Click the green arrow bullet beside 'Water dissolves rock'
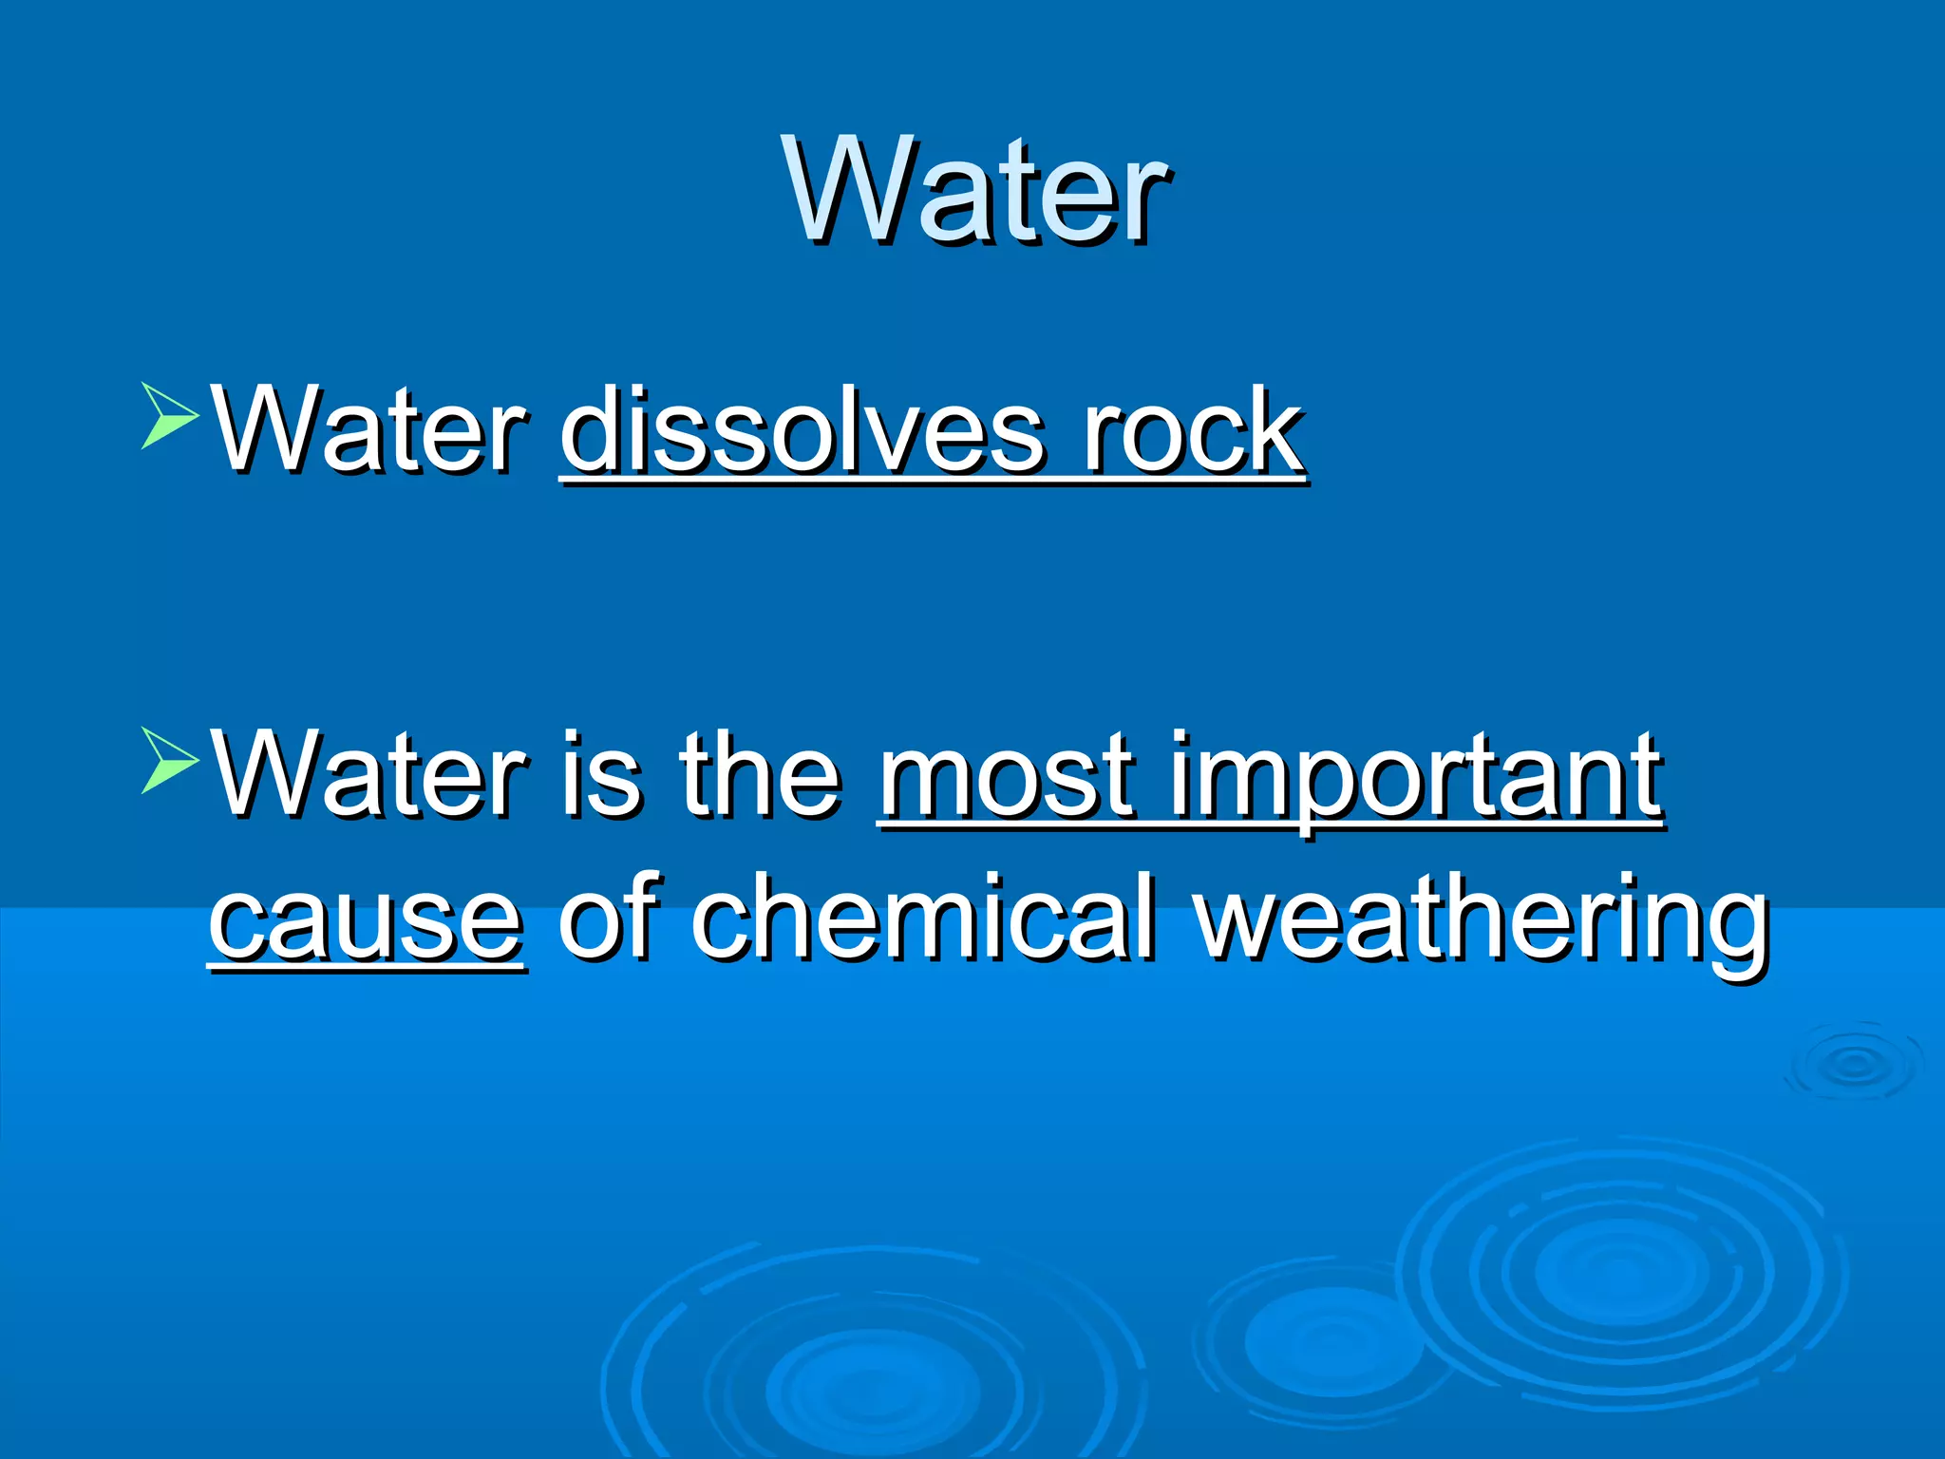(x=169, y=415)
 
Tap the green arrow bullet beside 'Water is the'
(x=169, y=760)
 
